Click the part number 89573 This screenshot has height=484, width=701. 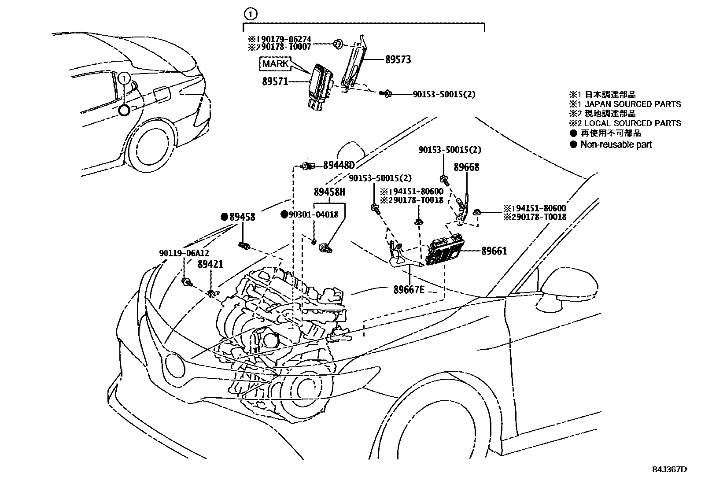[x=398, y=59]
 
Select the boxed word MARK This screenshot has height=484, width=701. [x=275, y=64]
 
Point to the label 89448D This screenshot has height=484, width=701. [x=339, y=165]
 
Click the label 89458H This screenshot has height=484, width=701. [x=329, y=192]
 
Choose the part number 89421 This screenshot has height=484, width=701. [x=210, y=264]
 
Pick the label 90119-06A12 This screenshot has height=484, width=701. [x=184, y=253]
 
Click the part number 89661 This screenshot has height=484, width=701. [x=494, y=251]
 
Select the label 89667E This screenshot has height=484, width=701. [x=409, y=289]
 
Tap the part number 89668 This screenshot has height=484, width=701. [x=467, y=167]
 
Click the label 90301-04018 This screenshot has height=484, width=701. [x=314, y=214]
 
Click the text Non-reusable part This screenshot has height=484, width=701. [x=616, y=144]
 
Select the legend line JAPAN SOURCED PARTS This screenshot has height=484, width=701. [x=631, y=104]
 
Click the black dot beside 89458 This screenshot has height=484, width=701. [x=225, y=217]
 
